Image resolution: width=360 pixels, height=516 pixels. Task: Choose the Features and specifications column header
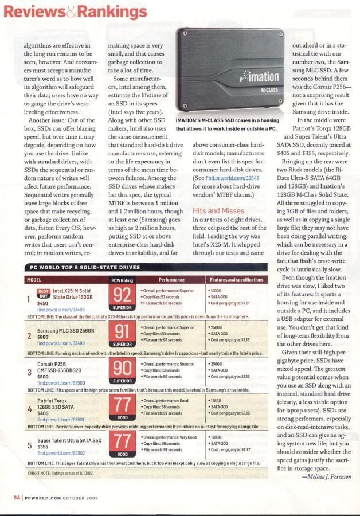click(x=236, y=280)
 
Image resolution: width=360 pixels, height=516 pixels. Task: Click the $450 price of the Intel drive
click(x=42, y=303)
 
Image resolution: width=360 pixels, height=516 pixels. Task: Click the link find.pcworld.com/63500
click(x=61, y=382)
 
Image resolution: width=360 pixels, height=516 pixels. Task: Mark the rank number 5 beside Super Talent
click(x=30, y=445)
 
